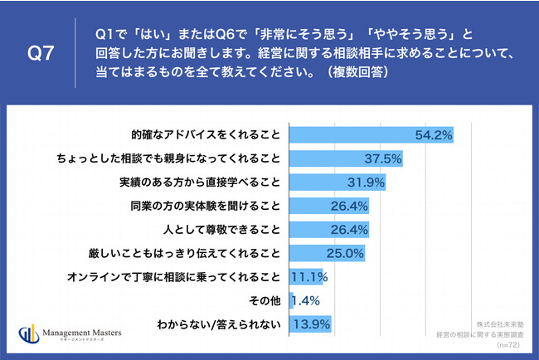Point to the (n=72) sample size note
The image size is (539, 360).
pos(507,343)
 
